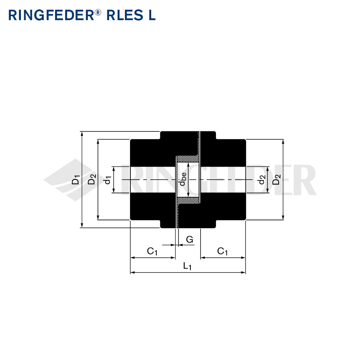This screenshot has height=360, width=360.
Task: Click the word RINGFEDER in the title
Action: click(51, 15)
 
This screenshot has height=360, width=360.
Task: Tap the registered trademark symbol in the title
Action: click(98, 13)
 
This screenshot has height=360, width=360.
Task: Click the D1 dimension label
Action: click(76, 180)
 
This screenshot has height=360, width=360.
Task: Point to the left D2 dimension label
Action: click(91, 179)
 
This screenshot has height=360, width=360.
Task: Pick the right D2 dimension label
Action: click(276, 179)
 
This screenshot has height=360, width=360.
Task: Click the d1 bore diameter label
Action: click(108, 180)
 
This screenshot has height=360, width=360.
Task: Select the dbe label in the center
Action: click(183, 179)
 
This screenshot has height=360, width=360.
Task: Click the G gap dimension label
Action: click(189, 239)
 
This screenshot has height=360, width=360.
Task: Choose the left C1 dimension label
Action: click(152, 251)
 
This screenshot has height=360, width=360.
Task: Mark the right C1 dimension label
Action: click(222, 251)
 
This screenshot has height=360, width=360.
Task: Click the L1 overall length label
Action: click(187, 266)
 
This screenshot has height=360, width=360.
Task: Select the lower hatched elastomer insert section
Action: click(188, 201)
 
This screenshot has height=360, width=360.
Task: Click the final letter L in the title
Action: click(152, 15)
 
